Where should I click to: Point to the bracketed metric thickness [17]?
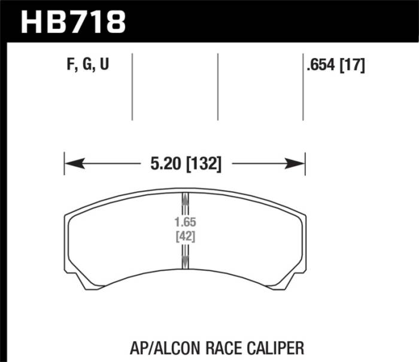tap(353, 64)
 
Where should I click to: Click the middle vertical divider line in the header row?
tap(217, 86)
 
